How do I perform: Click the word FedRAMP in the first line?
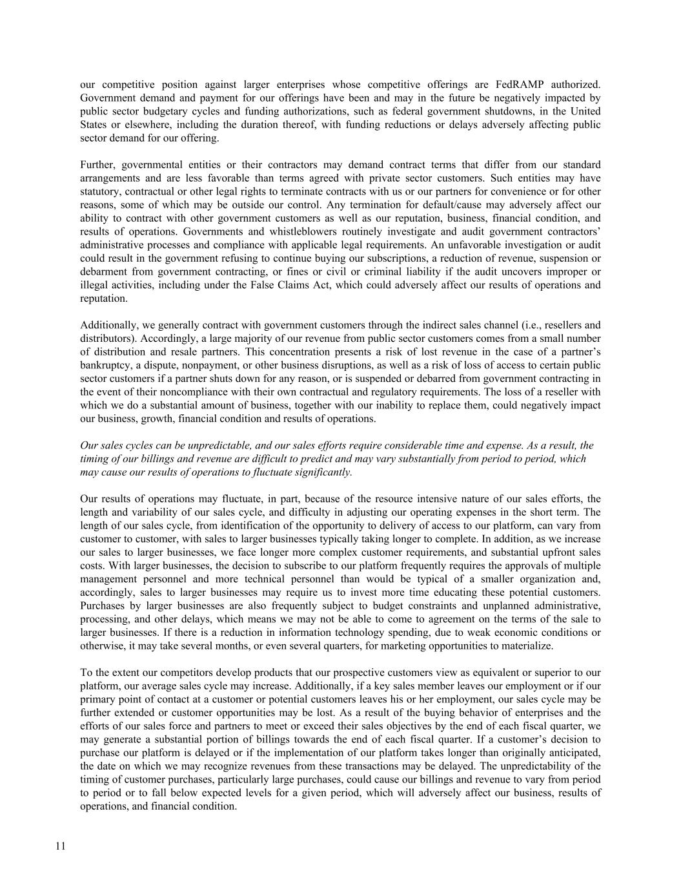click(520, 85)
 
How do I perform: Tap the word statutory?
click(100, 191)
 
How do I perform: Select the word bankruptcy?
click(106, 365)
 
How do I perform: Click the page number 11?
click(61, 847)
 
